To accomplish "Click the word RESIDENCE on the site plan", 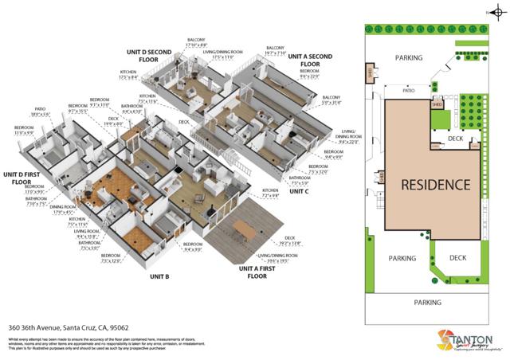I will tap(434, 185).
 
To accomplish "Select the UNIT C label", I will tap(300, 191).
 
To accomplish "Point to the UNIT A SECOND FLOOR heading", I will tap(310, 61).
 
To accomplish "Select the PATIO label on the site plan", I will tap(409, 91).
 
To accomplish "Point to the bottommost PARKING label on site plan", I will tap(427, 303).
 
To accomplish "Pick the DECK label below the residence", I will tap(457, 258).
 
